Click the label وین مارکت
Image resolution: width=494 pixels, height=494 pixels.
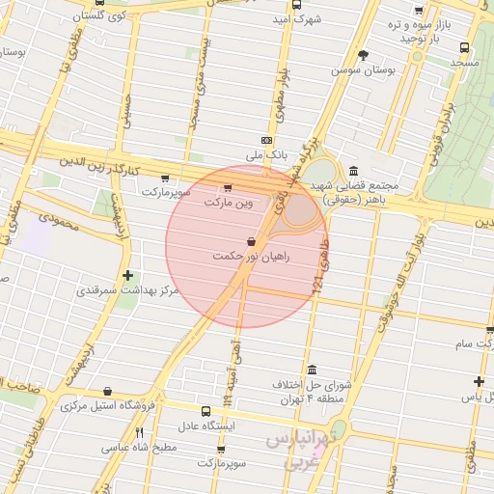pyautogui.click(x=227, y=204)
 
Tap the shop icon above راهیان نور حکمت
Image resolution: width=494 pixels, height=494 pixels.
pyautogui.click(x=252, y=240)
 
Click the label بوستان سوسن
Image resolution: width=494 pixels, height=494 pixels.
pyautogui.click(x=360, y=70)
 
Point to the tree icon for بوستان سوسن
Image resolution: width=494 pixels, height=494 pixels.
pyautogui.click(x=363, y=55)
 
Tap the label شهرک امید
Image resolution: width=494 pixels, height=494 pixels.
pyautogui.click(x=295, y=19)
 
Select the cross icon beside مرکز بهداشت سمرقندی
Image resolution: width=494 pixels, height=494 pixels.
pyautogui.click(x=127, y=275)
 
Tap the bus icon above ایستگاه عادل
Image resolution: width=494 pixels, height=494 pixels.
pyautogui.click(x=205, y=410)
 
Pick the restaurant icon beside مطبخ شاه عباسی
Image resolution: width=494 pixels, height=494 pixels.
pyautogui.click(x=139, y=432)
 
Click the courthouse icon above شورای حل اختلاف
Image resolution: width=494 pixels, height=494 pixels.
pyautogui.click(x=312, y=370)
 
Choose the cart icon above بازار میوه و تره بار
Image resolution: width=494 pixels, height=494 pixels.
pyautogui.click(x=418, y=10)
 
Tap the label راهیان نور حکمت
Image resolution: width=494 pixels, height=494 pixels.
pyautogui.click(x=252, y=258)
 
